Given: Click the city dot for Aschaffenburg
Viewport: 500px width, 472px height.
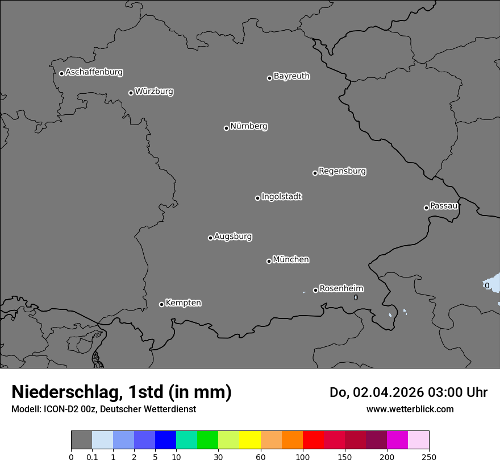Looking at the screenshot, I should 61,73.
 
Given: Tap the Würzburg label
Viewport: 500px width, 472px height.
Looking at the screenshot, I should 154,92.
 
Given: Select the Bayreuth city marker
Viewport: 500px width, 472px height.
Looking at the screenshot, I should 269,78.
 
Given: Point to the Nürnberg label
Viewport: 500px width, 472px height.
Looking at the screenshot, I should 248,126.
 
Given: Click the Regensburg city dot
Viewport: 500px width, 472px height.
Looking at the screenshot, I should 315,173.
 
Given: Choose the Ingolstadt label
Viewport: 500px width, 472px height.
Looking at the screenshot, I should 281,197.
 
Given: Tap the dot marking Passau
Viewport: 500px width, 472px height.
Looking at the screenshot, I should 426,208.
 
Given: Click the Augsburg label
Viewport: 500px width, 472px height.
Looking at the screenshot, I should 233,237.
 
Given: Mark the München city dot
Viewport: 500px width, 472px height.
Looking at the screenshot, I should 269,261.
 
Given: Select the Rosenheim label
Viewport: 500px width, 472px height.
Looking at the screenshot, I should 341,289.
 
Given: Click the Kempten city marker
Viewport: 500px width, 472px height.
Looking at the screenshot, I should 161,304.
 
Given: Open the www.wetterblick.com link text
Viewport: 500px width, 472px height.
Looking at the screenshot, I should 410,409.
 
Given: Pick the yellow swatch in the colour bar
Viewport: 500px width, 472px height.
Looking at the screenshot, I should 250,440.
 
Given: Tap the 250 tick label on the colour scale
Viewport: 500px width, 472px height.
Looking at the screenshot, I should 429,457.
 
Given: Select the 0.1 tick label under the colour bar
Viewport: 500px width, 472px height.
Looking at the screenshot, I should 92,457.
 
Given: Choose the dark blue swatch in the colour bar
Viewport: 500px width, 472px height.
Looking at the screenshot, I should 165,440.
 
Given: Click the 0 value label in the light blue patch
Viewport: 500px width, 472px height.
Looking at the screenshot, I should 487,285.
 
